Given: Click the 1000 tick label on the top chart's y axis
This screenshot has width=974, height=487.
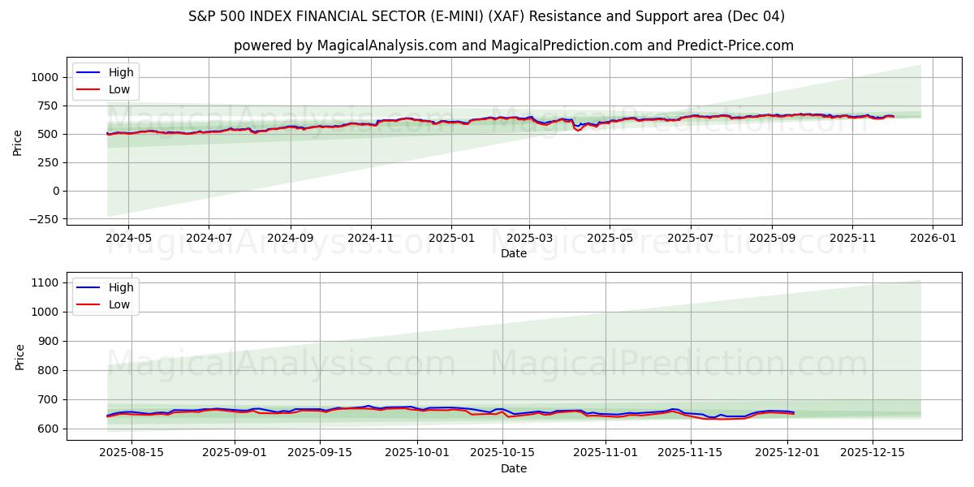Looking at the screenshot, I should point(44,77).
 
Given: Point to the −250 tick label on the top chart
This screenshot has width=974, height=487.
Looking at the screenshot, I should point(41,219).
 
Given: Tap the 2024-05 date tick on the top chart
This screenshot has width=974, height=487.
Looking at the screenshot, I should point(129,239).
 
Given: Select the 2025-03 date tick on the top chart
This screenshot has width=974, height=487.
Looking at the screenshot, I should point(529,239).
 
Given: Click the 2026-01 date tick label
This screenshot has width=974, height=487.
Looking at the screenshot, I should point(932,239).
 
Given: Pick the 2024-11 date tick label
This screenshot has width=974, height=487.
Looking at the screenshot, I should point(370,239).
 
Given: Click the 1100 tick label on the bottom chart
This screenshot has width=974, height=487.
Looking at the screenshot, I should point(45,282).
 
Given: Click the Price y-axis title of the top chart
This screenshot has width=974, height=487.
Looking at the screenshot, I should point(18,141).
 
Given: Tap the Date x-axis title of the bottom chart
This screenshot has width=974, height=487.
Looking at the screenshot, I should point(514,468).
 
